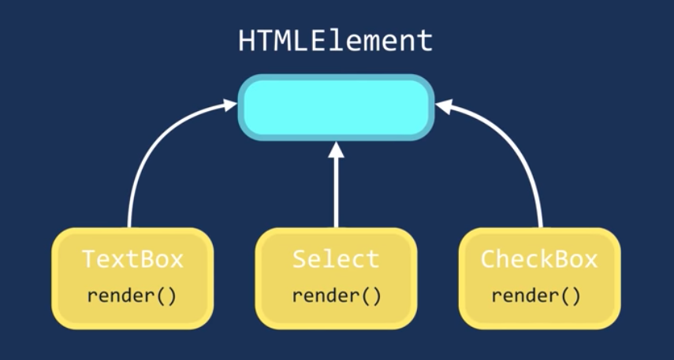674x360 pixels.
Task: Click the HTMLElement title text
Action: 336,41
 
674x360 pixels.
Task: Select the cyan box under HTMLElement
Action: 337,107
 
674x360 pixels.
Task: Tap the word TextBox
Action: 132,259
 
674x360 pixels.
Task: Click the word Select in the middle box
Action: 336,259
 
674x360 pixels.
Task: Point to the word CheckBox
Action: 539,259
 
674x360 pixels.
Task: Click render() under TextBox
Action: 132,296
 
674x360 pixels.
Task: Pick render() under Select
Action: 337,296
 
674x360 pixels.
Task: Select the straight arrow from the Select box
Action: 337,189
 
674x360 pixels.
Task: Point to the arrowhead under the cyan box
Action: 337,148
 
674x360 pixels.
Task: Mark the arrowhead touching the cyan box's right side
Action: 444,104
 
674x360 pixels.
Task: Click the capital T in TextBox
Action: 89,259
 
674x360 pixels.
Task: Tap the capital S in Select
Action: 299,259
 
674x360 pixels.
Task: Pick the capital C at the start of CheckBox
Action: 488,259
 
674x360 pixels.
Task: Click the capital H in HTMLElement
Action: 247,41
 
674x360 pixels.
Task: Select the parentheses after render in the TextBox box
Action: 167,296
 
